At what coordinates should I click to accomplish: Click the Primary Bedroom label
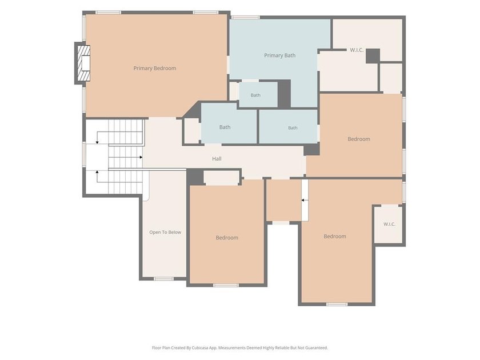(155, 68)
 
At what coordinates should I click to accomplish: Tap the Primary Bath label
(280, 55)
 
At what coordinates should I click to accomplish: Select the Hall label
(217, 159)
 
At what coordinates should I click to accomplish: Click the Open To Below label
(165, 233)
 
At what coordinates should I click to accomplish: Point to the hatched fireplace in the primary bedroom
(83, 63)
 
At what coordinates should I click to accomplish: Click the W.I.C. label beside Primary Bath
(357, 50)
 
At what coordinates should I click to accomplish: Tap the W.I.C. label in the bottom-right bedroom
(389, 224)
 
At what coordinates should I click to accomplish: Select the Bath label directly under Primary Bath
(255, 95)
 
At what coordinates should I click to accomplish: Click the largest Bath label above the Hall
(225, 127)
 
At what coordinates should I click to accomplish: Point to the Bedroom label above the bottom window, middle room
(227, 238)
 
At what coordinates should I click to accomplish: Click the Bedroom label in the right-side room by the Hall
(359, 139)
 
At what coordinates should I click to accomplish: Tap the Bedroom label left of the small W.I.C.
(335, 237)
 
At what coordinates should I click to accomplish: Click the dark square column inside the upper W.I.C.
(373, 56)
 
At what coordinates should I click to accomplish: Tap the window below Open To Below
(164, 279)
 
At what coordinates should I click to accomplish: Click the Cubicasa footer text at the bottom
(239, 348)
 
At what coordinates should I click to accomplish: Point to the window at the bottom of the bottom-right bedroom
(337, 304)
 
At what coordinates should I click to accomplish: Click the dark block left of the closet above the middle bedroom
(195, 177)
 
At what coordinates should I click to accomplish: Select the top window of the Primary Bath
(245, 18)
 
